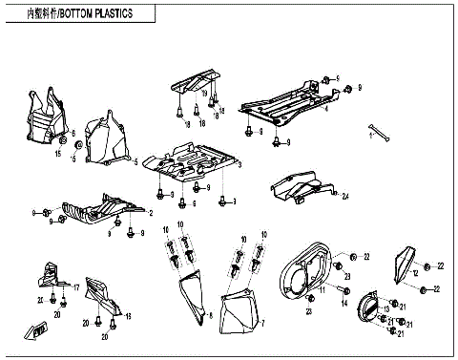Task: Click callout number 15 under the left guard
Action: pos(58,153)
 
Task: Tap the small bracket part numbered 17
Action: pos(53,279)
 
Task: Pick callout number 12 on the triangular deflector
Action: pos(416,273)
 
